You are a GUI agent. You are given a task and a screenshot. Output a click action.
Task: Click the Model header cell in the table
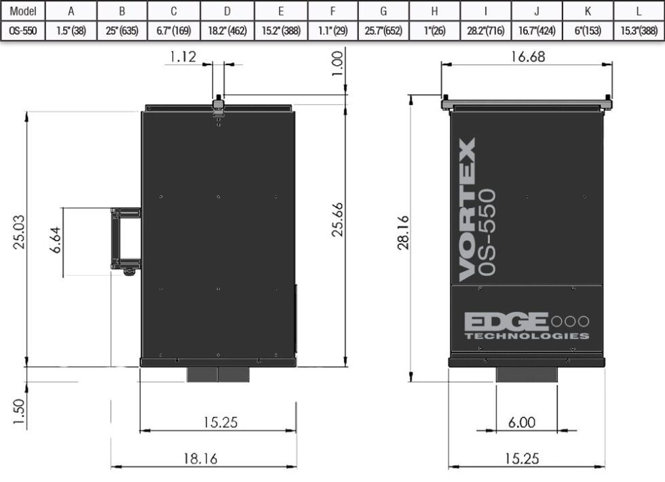pos(22,11)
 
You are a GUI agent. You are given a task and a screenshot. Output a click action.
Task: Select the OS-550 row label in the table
pos(22,31)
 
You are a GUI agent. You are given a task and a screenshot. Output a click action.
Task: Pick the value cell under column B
pos(122,31)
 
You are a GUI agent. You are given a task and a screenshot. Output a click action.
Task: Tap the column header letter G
pos(383,11)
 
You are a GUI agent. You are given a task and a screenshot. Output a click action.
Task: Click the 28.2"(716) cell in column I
pos(485,31)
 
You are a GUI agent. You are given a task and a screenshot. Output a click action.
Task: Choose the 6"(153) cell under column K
pos(588,31)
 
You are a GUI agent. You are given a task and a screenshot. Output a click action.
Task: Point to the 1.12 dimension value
pos(183,57)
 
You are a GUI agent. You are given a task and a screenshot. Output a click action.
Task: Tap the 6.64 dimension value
pos(58,241)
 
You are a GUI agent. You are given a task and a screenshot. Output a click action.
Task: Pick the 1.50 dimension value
pos(20,412)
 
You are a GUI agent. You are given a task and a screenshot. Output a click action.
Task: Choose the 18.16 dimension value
pos(200,458)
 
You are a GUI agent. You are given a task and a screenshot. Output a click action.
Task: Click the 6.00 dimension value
pos(521,422)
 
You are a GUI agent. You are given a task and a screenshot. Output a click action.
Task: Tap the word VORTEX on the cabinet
pos(467,210)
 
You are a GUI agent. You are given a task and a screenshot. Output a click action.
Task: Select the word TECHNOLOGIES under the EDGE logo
pos(526,336)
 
